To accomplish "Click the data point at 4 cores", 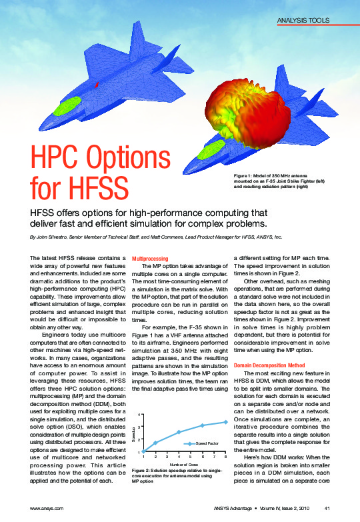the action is pos(178,432).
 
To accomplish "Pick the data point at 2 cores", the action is pos(155,443).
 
